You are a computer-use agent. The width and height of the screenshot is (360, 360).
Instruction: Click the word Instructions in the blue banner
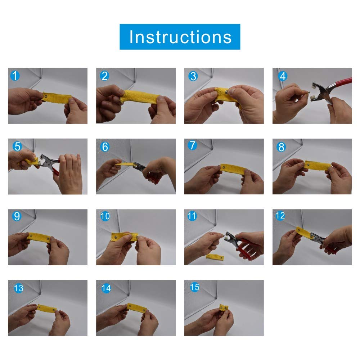180,37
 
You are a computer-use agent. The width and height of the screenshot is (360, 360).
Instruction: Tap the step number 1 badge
15,76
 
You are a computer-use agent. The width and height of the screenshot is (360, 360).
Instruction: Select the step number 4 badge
283,76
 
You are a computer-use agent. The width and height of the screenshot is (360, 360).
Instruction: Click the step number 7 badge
192,145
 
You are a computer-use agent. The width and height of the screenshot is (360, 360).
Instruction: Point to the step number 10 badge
105,216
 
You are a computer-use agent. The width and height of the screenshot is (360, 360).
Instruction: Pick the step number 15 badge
194,287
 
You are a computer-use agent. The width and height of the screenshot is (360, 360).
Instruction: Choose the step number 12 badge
280,216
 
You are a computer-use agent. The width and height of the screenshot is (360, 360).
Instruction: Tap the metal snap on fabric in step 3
226,92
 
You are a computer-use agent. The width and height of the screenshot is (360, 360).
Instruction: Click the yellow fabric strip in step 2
139,96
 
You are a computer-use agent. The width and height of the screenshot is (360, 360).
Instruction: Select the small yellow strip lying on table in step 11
215,257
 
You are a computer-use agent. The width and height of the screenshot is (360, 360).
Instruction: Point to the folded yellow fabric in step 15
224,308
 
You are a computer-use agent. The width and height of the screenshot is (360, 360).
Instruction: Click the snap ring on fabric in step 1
46,96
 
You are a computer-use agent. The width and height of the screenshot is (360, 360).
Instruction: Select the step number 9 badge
17,216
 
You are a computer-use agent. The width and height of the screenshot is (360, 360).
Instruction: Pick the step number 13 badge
19,288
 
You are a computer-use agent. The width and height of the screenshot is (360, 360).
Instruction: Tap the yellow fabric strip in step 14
136,308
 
